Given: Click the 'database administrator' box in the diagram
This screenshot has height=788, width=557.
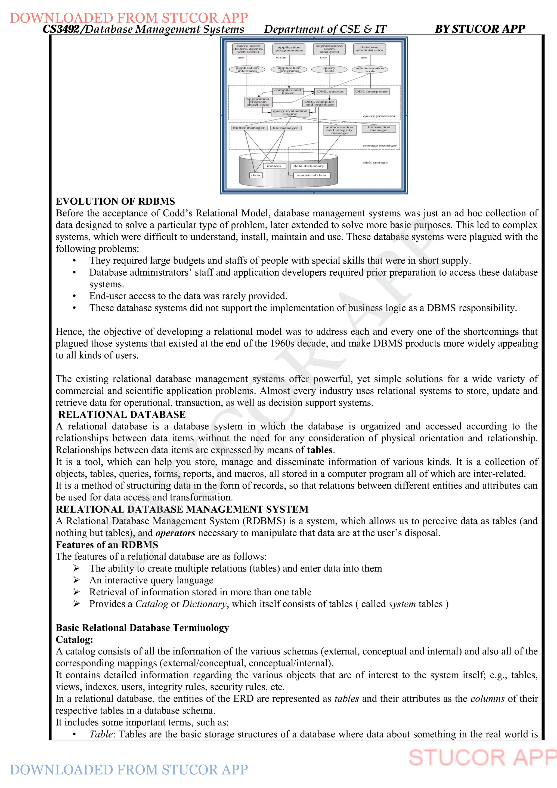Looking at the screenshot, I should (x=369, y=49).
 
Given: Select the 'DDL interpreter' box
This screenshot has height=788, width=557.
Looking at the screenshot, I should (x=372, y=92).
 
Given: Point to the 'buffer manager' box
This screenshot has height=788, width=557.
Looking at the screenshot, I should (x=249, y=128).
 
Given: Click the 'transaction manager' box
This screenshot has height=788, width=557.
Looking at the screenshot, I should (x=379, y=129).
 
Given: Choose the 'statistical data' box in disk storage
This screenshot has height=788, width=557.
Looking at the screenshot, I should (x=311, y=176).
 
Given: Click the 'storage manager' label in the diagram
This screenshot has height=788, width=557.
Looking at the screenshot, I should (x=380, y=146).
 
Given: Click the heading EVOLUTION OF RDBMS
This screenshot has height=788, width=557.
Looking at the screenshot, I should (x=115, y=201).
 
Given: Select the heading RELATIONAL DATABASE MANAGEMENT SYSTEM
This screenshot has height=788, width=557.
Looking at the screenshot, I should (x=182, y=509).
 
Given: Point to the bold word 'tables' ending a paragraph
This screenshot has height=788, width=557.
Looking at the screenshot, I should (x=320, y=450).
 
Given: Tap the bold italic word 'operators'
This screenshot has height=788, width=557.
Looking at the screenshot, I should (x=175, y=533).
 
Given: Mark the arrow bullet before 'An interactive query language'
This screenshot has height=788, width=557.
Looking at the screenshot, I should (x=76, y=580).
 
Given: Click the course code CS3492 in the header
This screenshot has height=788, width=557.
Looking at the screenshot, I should (x=61, y=29).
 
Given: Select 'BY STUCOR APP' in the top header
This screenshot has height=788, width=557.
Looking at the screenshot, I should (x=479, y=29).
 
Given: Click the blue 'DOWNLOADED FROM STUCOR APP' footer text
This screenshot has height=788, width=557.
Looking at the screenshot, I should (x=129, y=770).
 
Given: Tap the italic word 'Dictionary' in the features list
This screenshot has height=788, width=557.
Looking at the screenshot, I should (x=204, y=604).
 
